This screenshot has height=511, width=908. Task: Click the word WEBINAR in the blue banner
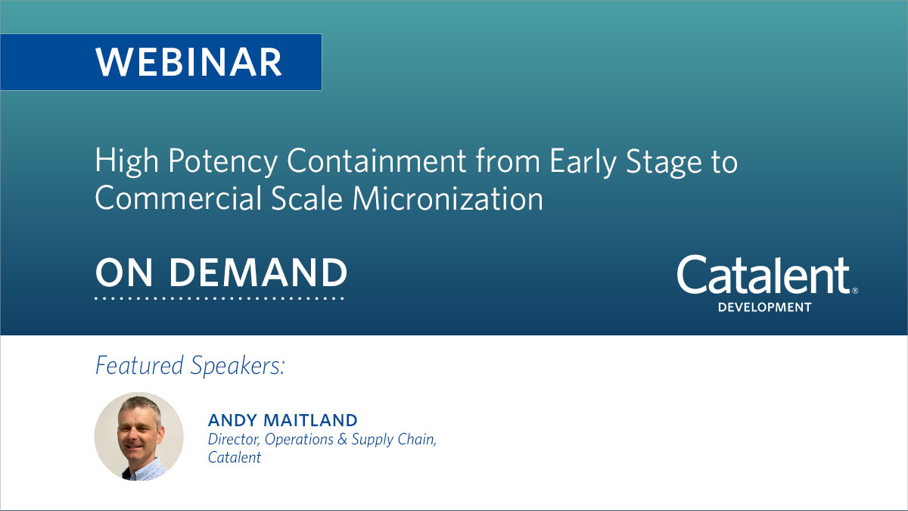pos(189,62)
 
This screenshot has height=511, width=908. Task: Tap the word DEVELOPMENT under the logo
pos(764,307)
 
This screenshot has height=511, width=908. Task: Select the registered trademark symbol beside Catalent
pos(855,290)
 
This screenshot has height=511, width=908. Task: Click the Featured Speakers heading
pos(190,366)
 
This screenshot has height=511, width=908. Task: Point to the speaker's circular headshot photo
pos(139,436)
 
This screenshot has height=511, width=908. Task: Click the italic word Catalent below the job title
pos(235,457)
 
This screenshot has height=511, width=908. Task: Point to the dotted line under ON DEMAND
pos(219,298)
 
